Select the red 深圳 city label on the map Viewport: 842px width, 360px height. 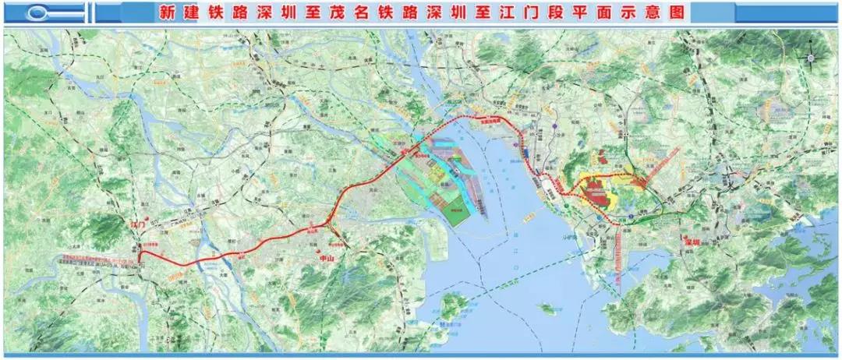[x=692, y=242]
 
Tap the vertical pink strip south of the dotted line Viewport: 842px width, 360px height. [x=617, y=258]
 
